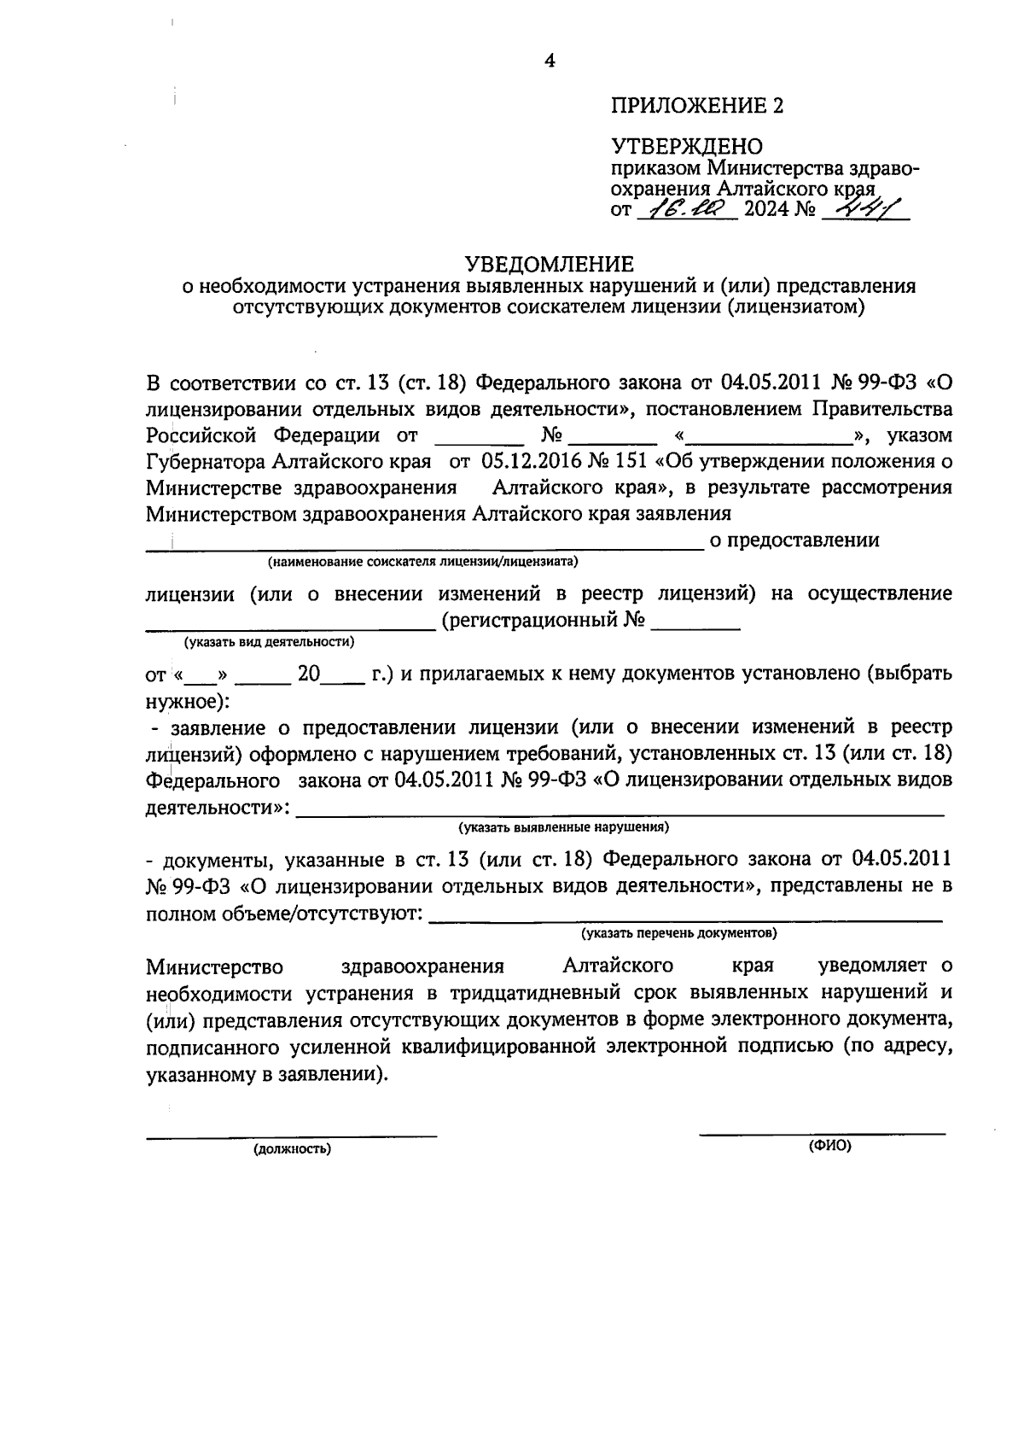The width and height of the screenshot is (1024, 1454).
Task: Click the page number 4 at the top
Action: coord(550,61)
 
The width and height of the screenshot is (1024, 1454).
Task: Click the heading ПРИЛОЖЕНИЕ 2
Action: coord(696,106)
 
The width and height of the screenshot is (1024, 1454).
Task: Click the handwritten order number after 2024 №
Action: coord(863,207)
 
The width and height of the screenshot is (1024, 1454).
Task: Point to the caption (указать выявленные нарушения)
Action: coord(563,827)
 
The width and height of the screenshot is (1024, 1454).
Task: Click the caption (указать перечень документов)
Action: coord(679,933)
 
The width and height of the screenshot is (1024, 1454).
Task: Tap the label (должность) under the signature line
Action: coord(292,1149)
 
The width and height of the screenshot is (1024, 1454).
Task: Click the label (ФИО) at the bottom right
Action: coord(830,1147)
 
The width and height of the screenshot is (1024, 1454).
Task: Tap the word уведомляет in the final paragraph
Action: coord(876,966)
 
